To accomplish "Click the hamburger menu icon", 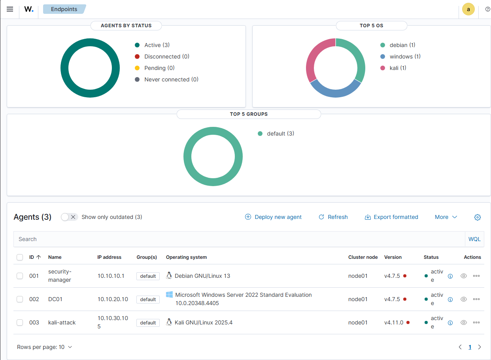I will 10,9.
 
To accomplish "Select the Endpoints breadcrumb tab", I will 64,9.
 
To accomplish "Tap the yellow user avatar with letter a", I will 468,9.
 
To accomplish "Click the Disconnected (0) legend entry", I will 166,57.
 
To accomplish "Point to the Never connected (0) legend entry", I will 171,79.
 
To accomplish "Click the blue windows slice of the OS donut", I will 335,91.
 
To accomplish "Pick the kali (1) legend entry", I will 398,68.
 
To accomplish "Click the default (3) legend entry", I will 280,134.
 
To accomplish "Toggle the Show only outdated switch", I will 69,217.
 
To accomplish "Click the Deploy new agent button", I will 274,217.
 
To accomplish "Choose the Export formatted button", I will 391,217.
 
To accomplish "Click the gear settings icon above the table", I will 478,217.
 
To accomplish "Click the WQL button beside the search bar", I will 474,239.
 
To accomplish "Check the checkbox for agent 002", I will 20,299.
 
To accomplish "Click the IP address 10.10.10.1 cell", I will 111,276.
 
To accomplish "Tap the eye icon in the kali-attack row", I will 464,322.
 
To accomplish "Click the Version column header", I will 393,257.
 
